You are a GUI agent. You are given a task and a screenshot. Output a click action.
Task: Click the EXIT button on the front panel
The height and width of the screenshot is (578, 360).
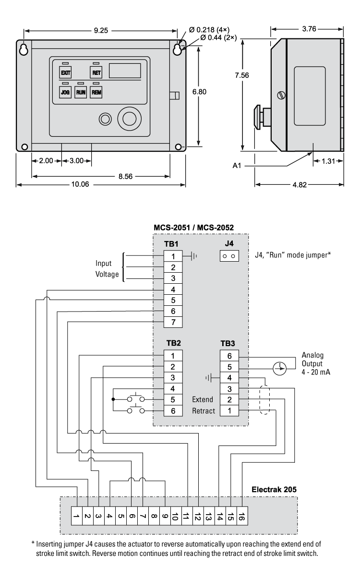[65, 72]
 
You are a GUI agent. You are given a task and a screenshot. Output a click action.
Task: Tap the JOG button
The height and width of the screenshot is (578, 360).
[65, 92]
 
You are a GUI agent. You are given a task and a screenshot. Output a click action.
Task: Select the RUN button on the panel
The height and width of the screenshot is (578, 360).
[81, 92]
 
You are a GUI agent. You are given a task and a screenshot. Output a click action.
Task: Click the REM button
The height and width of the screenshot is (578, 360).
[96, 92]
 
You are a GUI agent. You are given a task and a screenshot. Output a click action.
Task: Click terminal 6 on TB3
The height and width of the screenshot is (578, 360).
[229, 356]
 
